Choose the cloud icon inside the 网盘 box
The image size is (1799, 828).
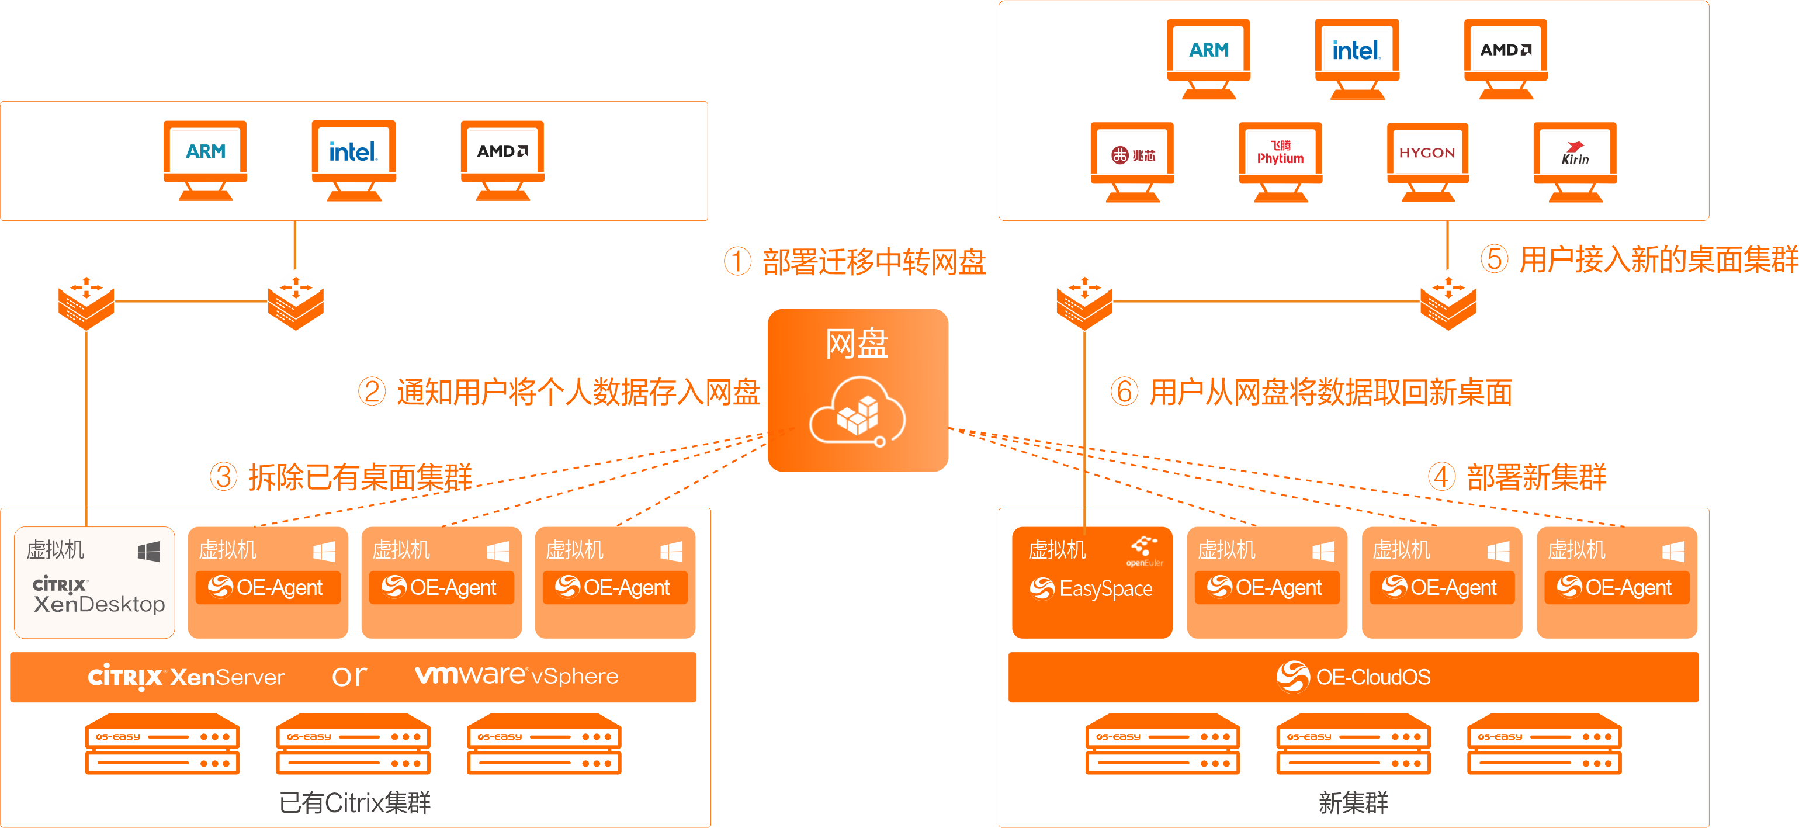coord(858,412)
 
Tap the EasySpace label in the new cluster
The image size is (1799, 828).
coord(1105,588)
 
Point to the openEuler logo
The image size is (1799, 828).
coord(1145,550)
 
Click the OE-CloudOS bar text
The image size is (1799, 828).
coord(1372,677)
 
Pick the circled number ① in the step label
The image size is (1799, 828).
coord(737,262)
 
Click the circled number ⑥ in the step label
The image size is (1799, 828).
coord(1124,392)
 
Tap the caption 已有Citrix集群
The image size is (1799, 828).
coord(355,802)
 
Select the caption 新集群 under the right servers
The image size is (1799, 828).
coord(1353,802)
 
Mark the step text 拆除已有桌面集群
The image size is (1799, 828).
coord(361,477)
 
